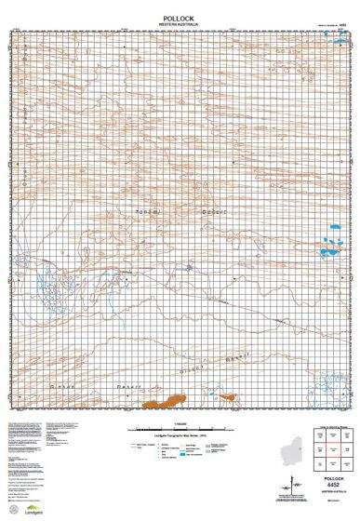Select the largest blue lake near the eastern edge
click(x=327, y=250)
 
